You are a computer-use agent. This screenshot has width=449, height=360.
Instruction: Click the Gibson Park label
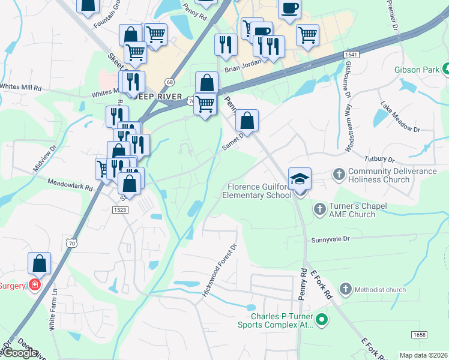tap(417, 70)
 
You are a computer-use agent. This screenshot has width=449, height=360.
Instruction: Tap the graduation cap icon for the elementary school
tap(300, 179)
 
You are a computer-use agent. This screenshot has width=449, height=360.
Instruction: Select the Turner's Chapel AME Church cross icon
tap(319, 209)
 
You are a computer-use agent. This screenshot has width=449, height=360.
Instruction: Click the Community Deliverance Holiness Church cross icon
tap(339, 174)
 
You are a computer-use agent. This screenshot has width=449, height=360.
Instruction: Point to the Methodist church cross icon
tap(345, 290)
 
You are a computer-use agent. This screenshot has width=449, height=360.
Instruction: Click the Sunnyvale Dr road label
tap(330, 239)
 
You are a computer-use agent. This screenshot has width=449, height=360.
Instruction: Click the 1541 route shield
tap(352, 55)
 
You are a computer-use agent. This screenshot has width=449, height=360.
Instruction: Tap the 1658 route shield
tap(419, 334)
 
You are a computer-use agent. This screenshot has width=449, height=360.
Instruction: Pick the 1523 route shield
tap(119, 209)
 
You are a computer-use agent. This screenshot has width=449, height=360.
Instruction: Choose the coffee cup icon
tap(290, 8)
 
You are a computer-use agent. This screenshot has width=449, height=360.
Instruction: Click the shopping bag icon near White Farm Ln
tap(40, 263)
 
